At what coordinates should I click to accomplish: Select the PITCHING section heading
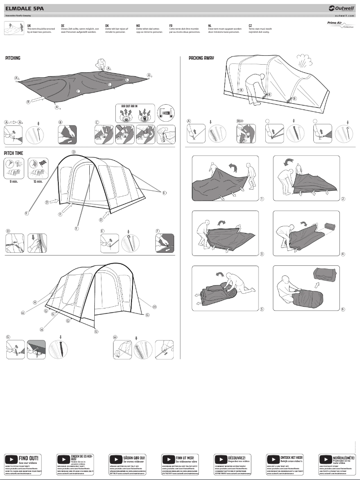(x=13, y=58)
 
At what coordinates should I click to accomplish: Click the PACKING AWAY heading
(x=201, y=58)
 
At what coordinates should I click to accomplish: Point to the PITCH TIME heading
(x=14, y=153)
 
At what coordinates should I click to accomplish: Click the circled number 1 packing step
(x=262, y=199)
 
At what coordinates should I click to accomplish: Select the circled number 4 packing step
(x=343, y=254)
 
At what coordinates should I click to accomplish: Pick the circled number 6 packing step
(x=343, y=309)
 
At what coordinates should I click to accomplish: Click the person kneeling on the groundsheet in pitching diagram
(x=101, y=64)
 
